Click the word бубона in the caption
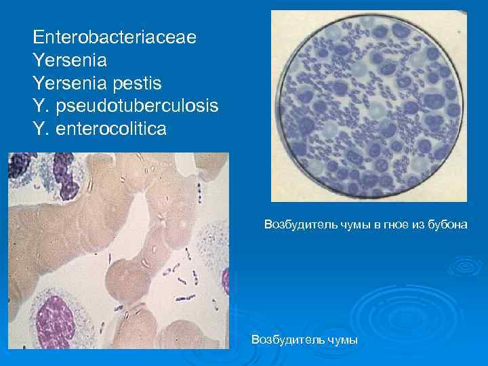tap(447, 224)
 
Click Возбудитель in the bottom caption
tap(284, 339)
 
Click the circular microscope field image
tap(369, 106)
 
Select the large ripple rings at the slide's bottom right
tap(420, 319)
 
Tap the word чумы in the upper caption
tap(354, 224)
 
